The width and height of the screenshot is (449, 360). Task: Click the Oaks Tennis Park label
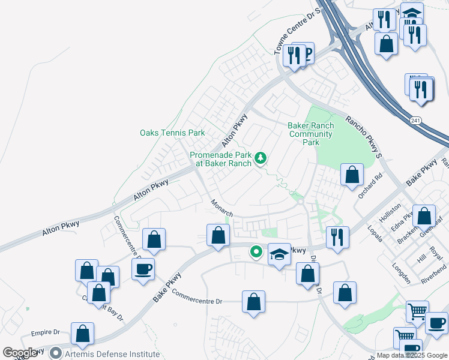click(172, 133)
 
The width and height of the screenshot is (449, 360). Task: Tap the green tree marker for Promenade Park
click(261, 158)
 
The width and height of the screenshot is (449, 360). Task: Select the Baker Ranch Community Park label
click(310, 134)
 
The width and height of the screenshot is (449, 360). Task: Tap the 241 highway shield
click(415, 121)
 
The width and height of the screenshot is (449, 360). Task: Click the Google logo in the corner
click(20, 353)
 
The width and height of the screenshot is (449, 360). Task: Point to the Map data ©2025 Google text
click(412, 355)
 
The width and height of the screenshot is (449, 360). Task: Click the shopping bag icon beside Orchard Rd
click(352, 175)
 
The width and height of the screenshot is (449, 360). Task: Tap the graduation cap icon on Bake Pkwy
click(279, 256)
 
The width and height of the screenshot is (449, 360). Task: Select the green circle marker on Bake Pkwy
click(256, 253)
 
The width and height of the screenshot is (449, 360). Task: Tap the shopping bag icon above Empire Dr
click(82, 333)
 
